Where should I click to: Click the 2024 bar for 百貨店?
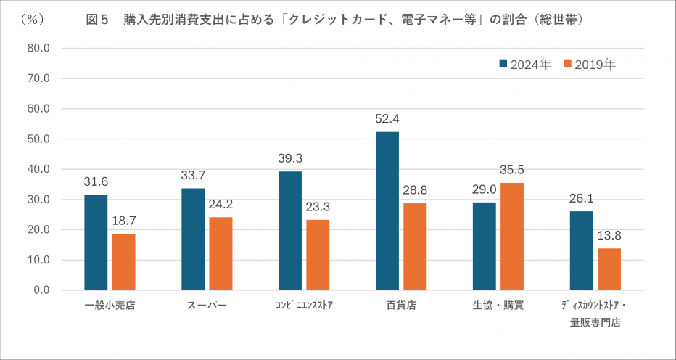click(x=387, y=210)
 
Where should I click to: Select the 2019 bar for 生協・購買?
click(x=512, y=236)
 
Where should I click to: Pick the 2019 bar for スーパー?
click(x=220, y=253)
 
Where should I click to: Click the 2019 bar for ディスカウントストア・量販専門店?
click(x=609, y=269)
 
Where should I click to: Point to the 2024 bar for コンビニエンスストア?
click(x=290, y=230)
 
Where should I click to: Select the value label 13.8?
click(x=609, y=236)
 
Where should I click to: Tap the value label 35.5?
click(x=512, y=171)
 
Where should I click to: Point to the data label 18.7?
click(x=123, y=221)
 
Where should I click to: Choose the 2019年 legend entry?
click(x=590, y=64)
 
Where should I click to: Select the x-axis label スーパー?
click(x=207, y=306)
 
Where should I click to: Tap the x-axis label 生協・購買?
click(x=498, y=306)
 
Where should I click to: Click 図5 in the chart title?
click(x=97, y=20)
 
